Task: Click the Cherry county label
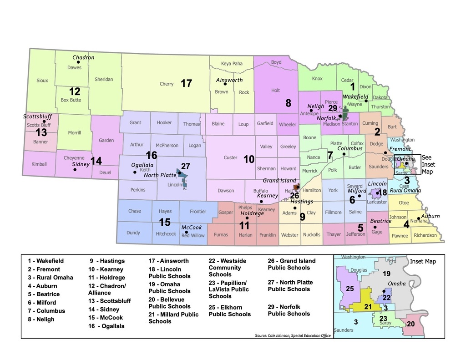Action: point(167,84)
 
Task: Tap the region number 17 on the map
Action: point(186,84)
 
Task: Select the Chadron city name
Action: point(83,57)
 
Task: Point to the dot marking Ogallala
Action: point(135,172)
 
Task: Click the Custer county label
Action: point(230,158)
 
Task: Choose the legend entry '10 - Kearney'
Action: point(106,269)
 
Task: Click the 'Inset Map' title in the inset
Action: point(423,262)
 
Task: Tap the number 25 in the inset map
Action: point(349,289)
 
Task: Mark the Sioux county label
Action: point(42,81)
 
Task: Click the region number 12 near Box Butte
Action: point(74,91)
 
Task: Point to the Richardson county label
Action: point(425,236)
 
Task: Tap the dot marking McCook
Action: point(186,232)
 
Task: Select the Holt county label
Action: point(275,91)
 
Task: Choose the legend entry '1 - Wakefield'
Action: point(46,261)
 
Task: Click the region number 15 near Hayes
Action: point(164,222)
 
